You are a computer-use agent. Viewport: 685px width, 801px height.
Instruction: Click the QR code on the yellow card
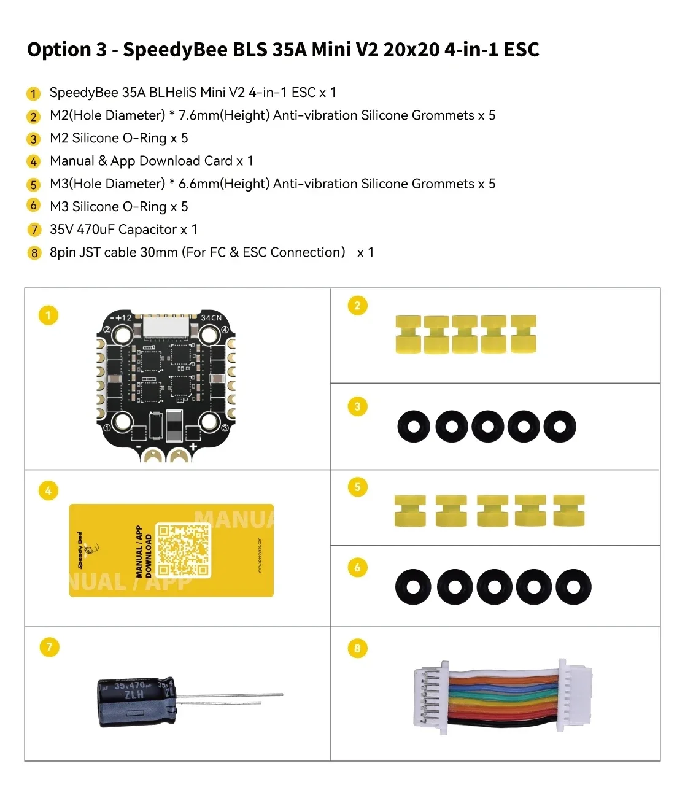183,550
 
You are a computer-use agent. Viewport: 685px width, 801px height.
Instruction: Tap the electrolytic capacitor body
136,702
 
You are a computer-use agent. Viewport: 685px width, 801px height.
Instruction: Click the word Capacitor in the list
147,230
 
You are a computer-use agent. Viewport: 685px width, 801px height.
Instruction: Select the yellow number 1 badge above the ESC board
48,315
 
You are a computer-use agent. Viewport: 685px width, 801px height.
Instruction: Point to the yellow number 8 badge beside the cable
357,648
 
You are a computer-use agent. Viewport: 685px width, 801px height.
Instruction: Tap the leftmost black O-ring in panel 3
413,426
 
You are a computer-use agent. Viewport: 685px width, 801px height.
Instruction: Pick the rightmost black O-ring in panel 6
573,587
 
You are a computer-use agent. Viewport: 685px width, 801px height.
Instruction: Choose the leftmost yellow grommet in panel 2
408,335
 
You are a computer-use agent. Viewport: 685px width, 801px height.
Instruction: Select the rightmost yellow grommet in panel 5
568,511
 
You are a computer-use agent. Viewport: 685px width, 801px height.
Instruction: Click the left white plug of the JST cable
431,698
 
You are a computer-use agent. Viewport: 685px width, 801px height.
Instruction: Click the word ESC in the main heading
521,50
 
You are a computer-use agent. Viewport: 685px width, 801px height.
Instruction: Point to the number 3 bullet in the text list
34,139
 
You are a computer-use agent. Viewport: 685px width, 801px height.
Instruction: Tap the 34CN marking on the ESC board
211,317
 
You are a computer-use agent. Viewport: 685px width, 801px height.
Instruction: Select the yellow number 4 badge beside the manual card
48,490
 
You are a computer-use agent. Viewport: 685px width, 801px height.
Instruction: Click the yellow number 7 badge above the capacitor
49,647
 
